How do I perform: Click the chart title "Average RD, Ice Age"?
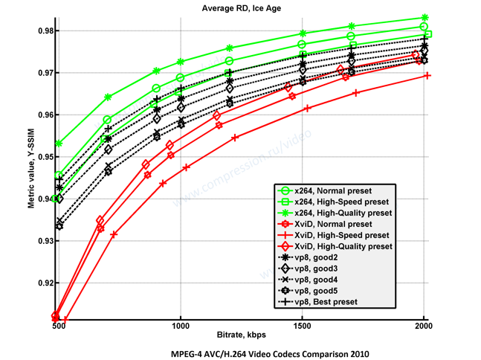(x=240, y=8)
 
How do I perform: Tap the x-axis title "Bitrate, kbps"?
(x=241, y=335)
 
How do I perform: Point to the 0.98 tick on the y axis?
(x=42, y=30)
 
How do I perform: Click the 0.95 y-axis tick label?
(x=42, y=157)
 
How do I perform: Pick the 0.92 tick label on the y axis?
(x=42, y=283)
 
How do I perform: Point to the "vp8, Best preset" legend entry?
(x=326, y=302)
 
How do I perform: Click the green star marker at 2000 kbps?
(x=424, y=18)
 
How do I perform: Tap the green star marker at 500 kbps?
(x=59, y=143)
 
